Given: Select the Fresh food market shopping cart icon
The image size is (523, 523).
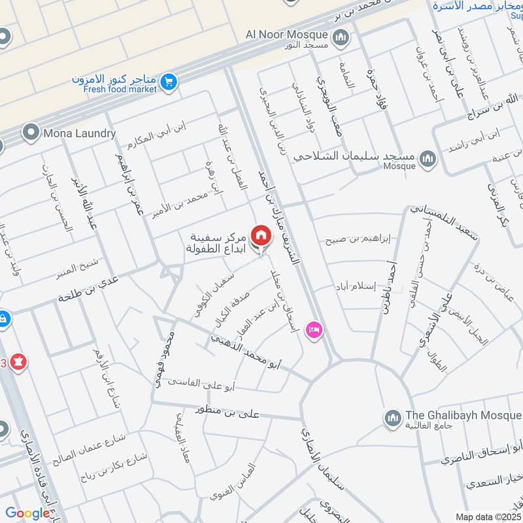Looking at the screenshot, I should point(169,82).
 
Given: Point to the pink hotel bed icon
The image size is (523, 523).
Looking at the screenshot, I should point(314,329).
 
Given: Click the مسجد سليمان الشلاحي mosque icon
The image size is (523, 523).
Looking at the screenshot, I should point(427,159).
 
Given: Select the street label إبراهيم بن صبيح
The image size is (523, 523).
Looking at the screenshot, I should point(358,240).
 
